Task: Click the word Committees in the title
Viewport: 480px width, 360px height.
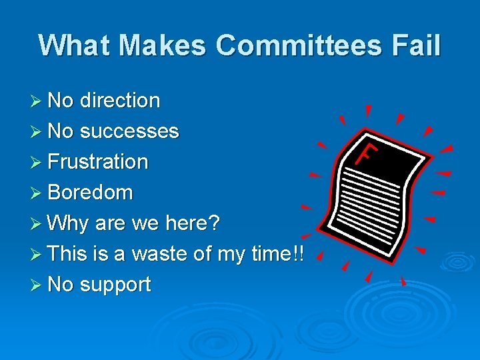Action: click(x=299, y=46)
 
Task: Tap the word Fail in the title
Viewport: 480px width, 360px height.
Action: click(x=417, y=46)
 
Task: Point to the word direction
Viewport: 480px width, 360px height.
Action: click(x=120, y=101)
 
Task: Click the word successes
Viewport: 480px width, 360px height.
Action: click(x=129, y=131)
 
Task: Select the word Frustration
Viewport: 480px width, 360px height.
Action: click(x=98, y=162)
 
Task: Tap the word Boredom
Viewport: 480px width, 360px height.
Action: click(x=91, y=193)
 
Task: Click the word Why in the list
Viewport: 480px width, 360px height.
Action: click(x=69, y=223)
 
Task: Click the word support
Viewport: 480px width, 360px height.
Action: click(x=115, y=285)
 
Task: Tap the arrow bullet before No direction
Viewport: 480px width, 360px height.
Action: click(x=39, y=101)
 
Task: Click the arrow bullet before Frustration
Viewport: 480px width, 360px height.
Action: click(x=39, y=163)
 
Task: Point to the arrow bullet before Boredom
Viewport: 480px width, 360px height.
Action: click(x=39, y=193)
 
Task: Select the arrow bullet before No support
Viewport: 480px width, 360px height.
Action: click(x=39, y=285)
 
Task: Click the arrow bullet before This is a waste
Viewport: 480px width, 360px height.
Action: click(x=39, y=255)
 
